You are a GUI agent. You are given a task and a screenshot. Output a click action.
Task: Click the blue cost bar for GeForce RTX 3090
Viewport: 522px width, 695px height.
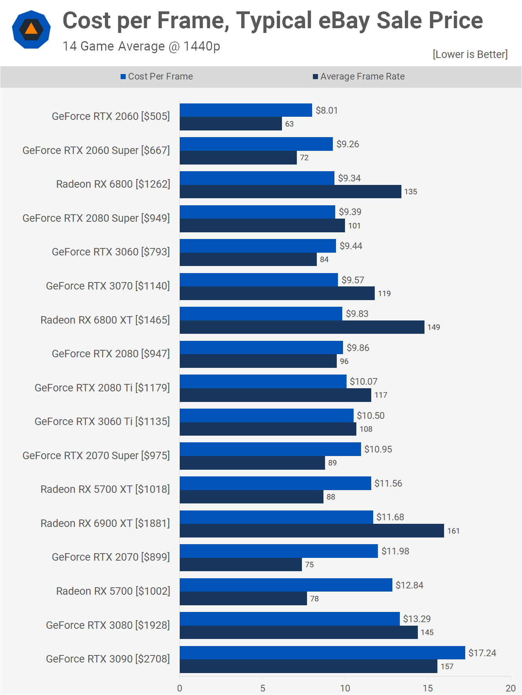[x=322, y=653]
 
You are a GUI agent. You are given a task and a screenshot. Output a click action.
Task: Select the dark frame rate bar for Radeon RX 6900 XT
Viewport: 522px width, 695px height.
[x=312, y=531]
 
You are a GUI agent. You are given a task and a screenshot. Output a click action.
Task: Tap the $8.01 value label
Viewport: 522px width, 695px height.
[x=327, y=110]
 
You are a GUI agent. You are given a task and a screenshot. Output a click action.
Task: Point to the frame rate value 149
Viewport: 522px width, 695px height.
[x=433, y=327]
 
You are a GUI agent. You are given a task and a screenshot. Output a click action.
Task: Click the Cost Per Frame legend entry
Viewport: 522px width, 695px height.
[x=157, y=76]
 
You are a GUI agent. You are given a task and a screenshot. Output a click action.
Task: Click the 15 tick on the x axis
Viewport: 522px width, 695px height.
[x=428, y=688]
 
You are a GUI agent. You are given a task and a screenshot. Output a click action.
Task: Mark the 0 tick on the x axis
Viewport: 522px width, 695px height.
[x=180, y=688]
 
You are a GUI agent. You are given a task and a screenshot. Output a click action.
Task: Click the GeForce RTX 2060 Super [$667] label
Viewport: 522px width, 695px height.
[x=96, y=150]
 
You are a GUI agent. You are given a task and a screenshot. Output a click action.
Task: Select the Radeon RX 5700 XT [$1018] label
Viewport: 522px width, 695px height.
[x=105, y=489]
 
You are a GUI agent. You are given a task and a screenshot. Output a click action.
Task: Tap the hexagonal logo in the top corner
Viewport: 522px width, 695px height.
[x=31, y=29]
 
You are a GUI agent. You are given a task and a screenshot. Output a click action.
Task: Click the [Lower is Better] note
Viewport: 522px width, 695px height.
[x=470, y=54]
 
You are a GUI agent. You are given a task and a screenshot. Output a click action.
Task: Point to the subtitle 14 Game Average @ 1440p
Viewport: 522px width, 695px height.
[x=141, y=46]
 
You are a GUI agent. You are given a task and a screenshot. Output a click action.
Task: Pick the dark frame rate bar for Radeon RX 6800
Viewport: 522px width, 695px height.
[x=290, y=192]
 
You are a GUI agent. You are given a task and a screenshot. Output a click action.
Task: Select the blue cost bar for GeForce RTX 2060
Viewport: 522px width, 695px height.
[x=246, y=110]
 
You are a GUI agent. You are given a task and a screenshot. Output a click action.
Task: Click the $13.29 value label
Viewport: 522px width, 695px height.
[x=417, y=619]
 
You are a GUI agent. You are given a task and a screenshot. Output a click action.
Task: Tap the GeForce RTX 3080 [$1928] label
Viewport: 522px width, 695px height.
[x=108, y=625]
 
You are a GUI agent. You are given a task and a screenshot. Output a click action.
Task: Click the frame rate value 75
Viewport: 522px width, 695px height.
[x=309, y=565]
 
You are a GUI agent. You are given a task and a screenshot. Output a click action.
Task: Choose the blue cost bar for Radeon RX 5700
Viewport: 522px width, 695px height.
[x=286, y=585]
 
